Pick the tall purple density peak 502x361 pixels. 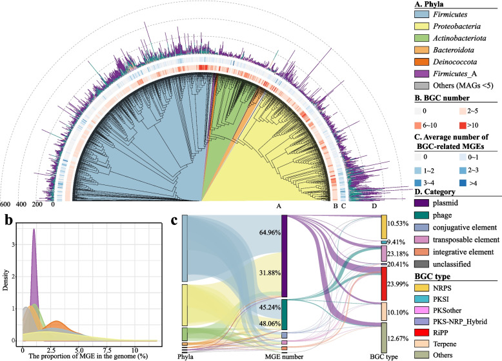pos(34,232)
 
